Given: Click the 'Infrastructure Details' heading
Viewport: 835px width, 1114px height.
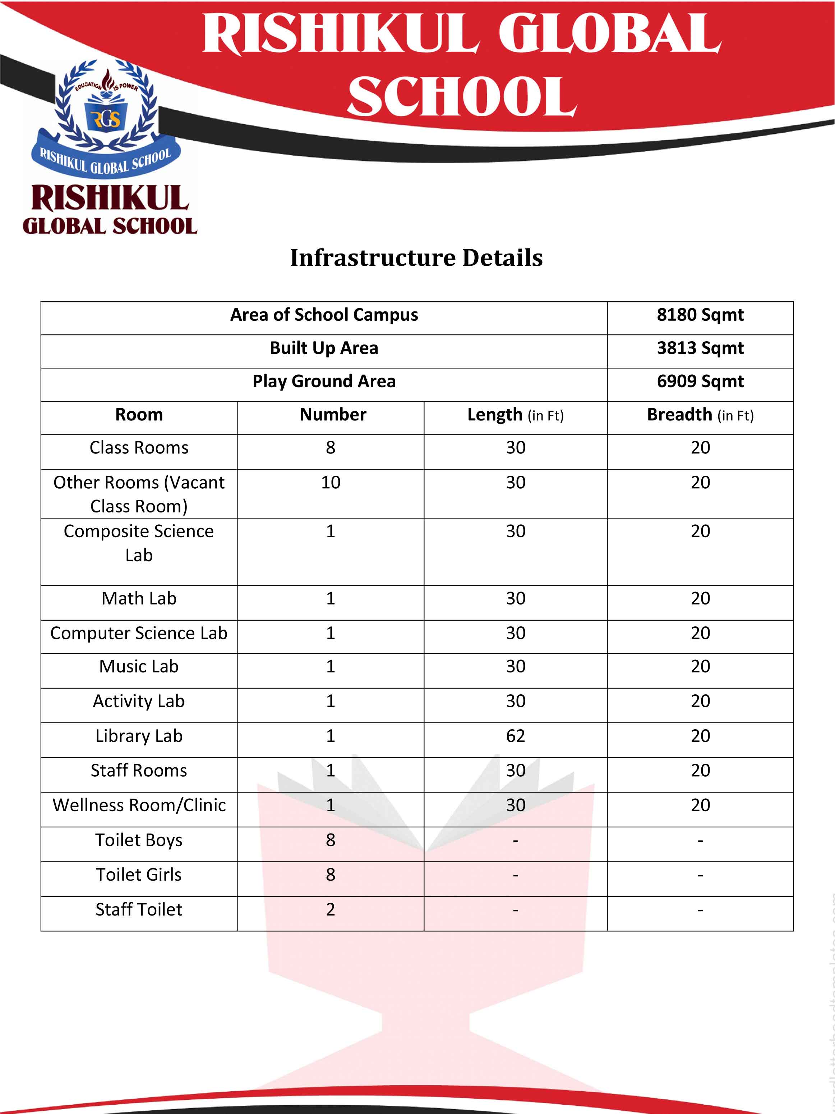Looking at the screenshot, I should (x=416, y=258).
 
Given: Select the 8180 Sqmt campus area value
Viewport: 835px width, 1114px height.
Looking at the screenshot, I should (x=700, y=315).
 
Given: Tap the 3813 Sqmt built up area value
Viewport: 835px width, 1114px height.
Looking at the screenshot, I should (x=700, y=348).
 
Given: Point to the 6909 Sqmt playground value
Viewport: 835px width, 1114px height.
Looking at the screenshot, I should (x=700, y=381).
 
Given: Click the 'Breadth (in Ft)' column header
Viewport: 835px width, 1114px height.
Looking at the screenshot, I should (x=700, y=415).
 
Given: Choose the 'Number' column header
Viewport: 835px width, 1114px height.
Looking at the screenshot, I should (x=333, y=415).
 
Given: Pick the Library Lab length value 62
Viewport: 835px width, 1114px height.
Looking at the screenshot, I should (x=515, y=736).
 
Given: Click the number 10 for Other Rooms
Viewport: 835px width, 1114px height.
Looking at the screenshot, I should (x=331, y=483).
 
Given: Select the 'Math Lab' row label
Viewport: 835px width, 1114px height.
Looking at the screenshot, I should (x=139, y=598).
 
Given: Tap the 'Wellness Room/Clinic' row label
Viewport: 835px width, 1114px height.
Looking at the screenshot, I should (x=139, y=805).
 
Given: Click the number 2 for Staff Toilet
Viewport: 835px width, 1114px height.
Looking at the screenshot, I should (x=330, y=909).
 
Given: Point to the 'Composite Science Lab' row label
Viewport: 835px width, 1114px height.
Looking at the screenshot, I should (x=139, y=543).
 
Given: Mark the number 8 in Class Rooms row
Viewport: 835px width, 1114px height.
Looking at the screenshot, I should (x=330, y=447).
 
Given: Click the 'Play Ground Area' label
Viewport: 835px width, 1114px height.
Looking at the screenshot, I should (x=324, y=381).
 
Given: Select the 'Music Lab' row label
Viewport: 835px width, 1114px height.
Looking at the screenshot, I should (x=139, y=666).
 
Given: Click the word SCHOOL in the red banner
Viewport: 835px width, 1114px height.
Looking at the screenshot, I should (x=462, y=97).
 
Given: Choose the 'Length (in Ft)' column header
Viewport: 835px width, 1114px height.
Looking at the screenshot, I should (x=515, y=415).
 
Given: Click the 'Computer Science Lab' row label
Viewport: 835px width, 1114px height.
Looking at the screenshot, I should (x=139, y=633).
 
